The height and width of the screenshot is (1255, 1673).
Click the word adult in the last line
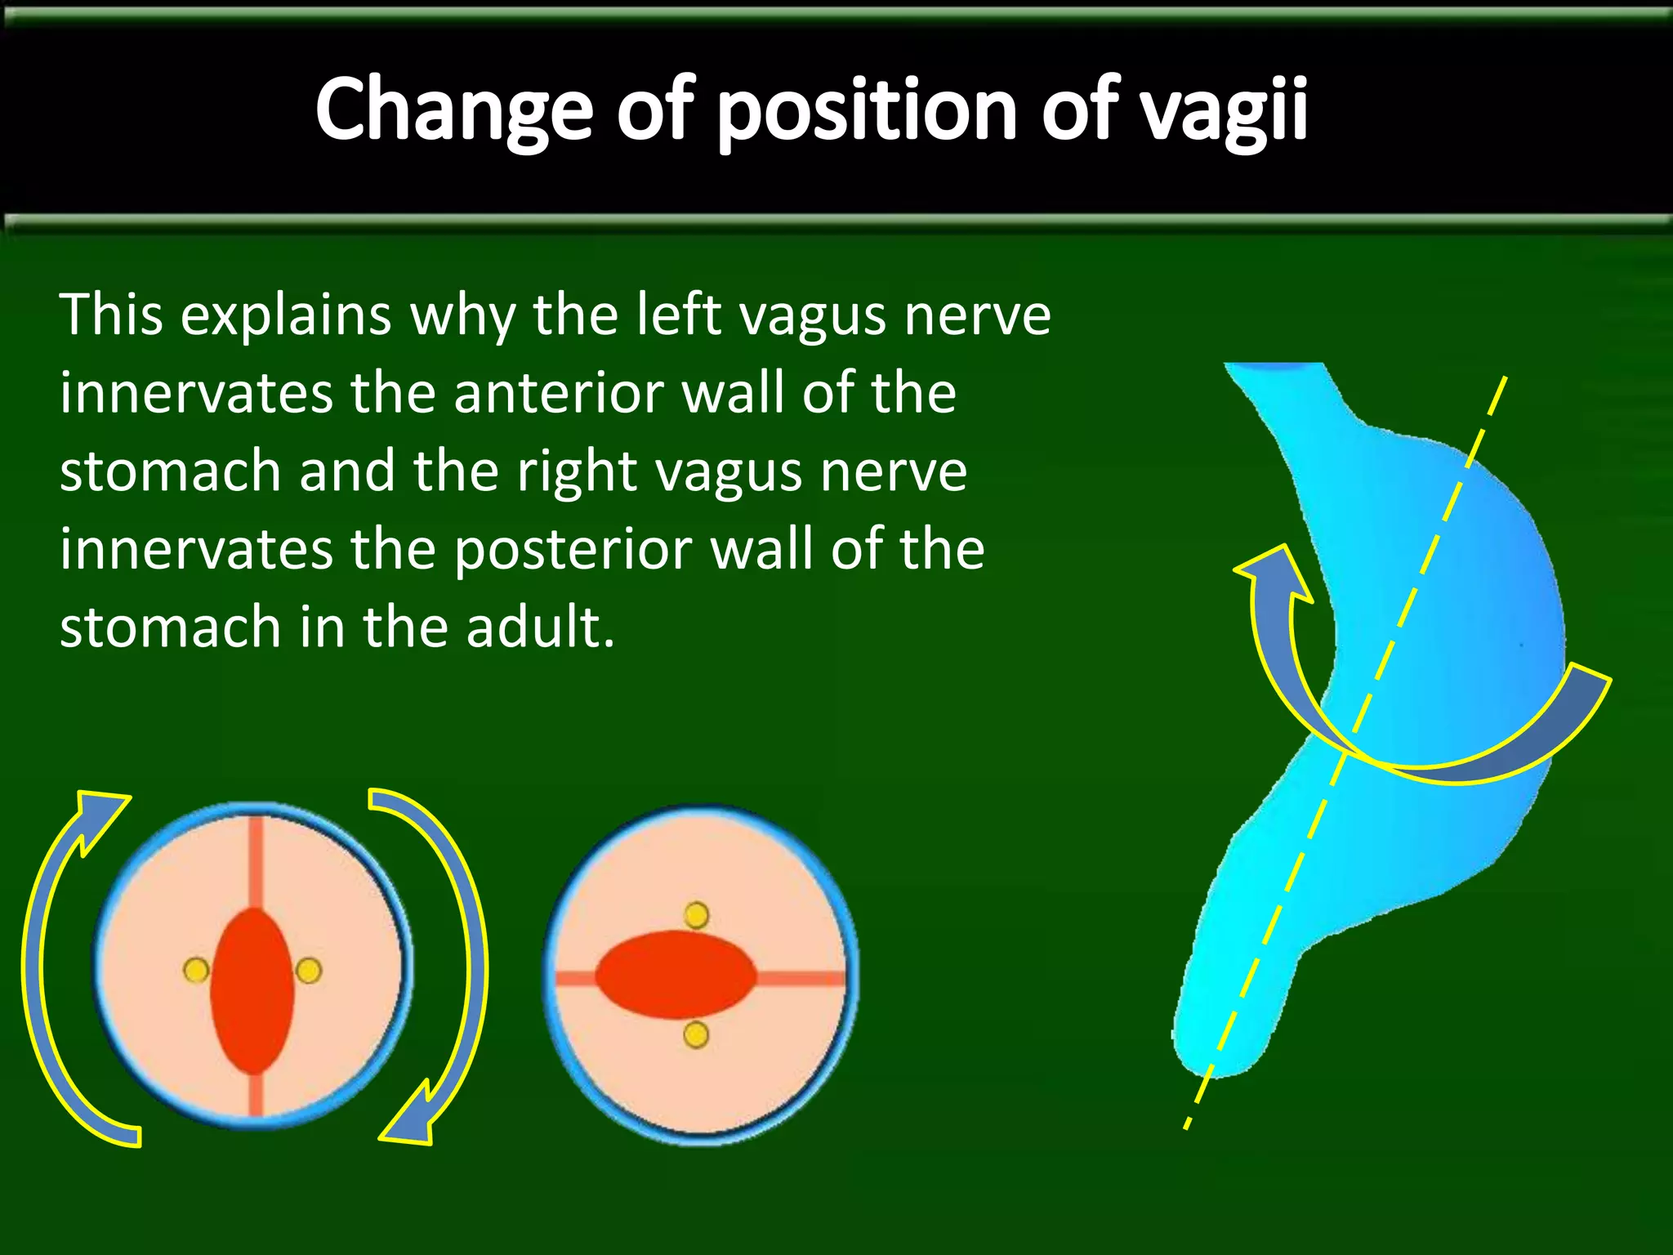pos(540,627)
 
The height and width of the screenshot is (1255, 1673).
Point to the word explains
pos(285,315)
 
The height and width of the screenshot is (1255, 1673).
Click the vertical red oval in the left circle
pos(252,990)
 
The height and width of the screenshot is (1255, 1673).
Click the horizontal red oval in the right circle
pos(676,975)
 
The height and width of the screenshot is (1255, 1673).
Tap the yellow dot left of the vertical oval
pos(196,971)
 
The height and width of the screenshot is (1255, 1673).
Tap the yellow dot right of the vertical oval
pos(309,971)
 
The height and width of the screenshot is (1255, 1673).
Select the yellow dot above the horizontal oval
pos(696,915)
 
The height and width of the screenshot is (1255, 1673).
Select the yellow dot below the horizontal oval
pos(696,1035)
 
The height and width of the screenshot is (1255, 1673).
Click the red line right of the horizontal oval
pos(801,977)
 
